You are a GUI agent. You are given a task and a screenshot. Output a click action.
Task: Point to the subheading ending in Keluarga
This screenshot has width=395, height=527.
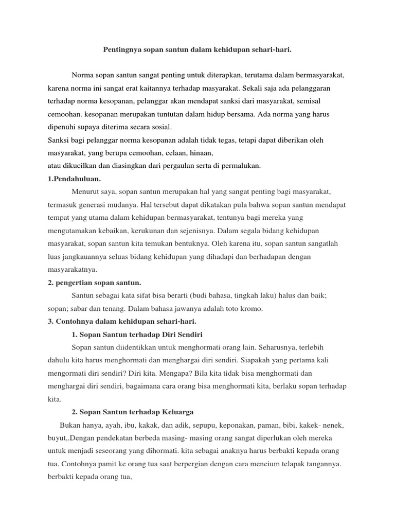pos(132,412)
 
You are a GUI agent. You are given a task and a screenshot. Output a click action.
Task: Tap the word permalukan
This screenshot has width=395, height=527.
pos(243,165)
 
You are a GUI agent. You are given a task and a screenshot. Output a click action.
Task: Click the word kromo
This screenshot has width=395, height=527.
pos(252,308)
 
